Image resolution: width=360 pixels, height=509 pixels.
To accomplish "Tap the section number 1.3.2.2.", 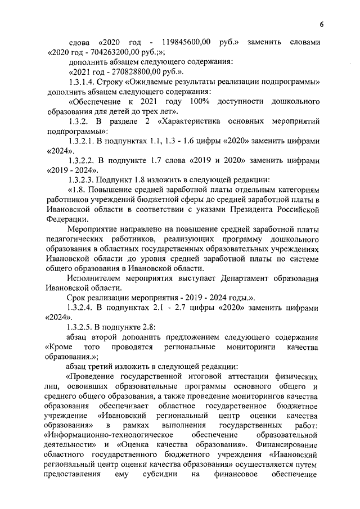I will pyautogui.click(x=81, y=160).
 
